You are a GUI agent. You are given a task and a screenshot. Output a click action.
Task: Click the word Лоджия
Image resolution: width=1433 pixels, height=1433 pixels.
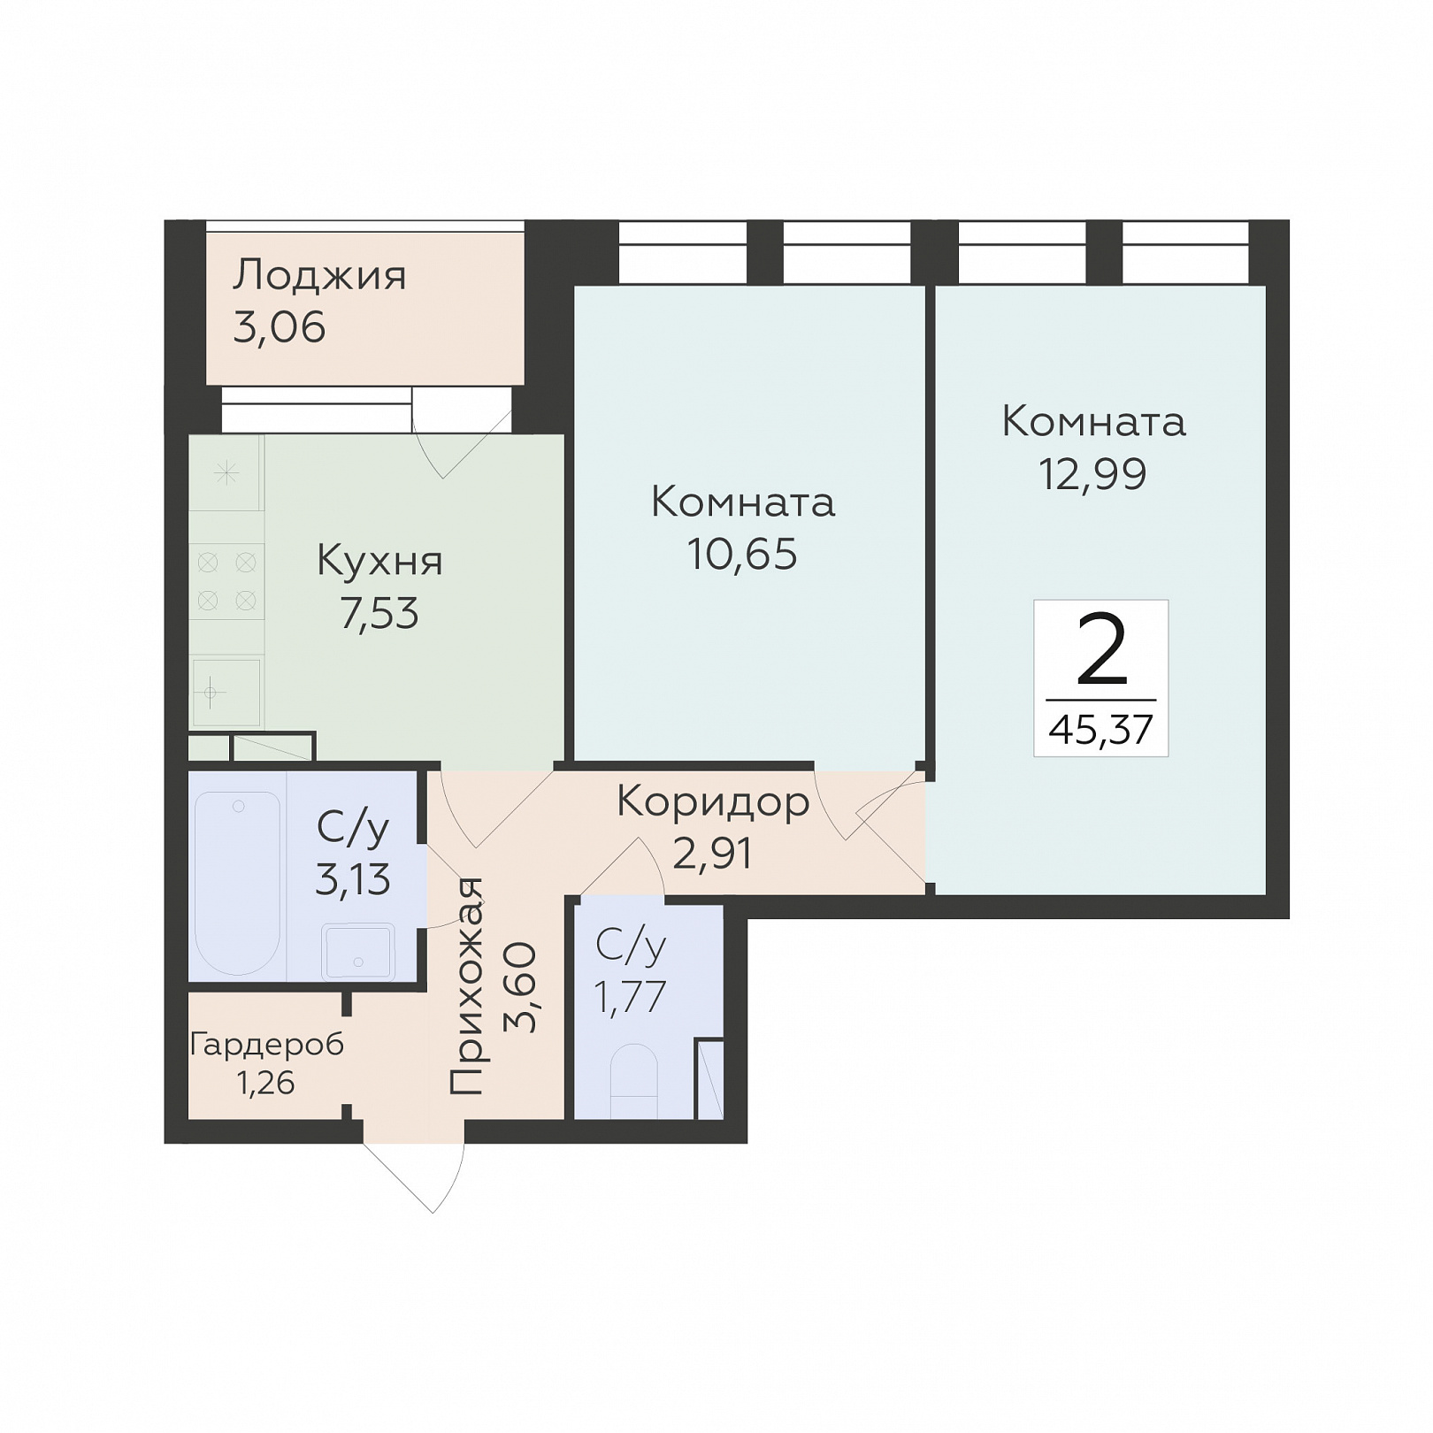[319, 277]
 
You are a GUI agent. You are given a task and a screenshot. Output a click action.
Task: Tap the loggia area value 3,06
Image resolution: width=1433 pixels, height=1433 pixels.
[280, 328]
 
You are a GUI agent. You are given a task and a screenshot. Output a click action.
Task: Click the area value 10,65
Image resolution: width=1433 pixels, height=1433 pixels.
[742, 555]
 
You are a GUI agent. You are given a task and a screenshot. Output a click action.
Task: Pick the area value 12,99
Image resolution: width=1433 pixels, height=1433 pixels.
[1092, 474]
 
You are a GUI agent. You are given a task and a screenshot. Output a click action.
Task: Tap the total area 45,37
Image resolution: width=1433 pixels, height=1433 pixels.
[1101, 731]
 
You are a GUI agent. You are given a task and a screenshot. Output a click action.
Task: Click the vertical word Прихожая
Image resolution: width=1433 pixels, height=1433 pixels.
[467, 987]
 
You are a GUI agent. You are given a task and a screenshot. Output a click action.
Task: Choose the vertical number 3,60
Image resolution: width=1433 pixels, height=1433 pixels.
[520, 987]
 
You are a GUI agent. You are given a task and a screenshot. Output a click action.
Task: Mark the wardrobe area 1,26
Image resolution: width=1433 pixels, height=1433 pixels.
[266, 1083]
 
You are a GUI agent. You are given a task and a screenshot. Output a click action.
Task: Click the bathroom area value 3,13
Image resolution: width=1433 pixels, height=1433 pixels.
[353, 881]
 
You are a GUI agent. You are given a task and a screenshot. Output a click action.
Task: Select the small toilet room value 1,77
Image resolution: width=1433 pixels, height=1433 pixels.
[630, 998]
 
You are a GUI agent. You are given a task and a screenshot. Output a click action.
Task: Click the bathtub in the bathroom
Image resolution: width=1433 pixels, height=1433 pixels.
[237, 884]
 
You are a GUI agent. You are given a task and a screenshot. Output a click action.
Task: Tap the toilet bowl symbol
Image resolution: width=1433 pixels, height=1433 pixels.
[634, 1081]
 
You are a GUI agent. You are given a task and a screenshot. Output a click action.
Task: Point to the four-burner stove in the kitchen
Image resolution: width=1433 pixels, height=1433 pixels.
[226, 582]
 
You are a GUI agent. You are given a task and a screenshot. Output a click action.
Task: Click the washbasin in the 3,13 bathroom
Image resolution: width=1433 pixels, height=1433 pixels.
[358, 952]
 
